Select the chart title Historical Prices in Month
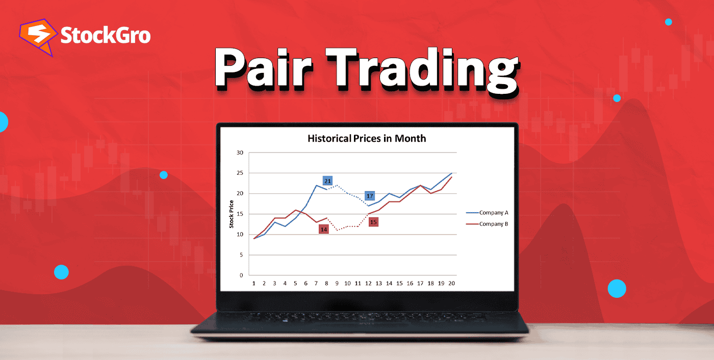tap(366, 138)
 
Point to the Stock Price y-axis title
tap(232, 214)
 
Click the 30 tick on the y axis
tap(240, 152)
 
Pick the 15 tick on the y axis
tap(240, 214)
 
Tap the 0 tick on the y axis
tap(241, 275)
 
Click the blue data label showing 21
tap(327, 181)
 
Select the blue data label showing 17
tap(370, 196)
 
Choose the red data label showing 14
tap(323, 229)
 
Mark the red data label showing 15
tap(373, 222)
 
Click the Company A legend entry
tap(493, 213)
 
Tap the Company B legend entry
tap(493, 224)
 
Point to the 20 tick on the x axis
tap(451, 284)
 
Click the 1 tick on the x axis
tap(254, 284)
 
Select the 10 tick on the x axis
tap(347, 284)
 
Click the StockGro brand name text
tap(105, 36)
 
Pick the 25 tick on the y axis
tap(240, 173)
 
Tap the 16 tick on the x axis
tap(410, 284)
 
